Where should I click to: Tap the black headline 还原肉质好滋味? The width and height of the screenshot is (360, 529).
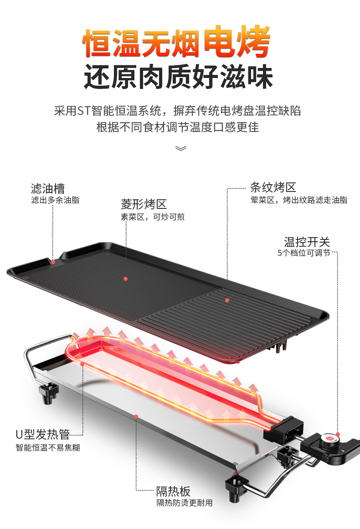(x=178, y=78)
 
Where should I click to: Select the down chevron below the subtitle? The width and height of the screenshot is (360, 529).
(x=180, y=148)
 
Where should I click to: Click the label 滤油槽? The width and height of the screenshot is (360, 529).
(x=48, y=188)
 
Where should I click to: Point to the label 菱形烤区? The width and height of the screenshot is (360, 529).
(x=144, y=204)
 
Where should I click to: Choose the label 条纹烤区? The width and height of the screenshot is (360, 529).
(x=273, y=187)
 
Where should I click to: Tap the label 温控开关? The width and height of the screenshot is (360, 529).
(x=307, y=242)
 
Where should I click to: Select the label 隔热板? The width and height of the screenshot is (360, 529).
(x=173, y=491)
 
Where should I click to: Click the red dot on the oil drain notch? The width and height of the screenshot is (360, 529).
(x=53, y=262)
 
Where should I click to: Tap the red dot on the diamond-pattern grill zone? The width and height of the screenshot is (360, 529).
(x=125, y=279)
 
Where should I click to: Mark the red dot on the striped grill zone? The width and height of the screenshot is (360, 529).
(x=226, y=300)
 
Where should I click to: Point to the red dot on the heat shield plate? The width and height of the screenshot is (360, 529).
(x=135, y=416)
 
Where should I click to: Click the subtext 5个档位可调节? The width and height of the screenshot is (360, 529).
(x=303, y=253)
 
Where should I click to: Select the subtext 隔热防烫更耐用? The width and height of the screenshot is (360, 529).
(x=184, y=503)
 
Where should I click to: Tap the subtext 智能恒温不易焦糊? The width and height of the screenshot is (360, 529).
(x=47, y=447)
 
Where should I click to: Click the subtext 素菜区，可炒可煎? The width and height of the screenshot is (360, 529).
(x=152, y=217)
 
